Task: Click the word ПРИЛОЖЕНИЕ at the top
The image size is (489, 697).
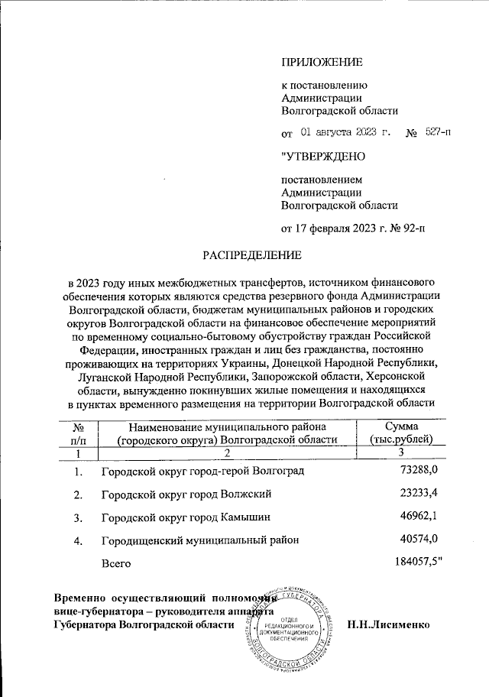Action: coord(322,61)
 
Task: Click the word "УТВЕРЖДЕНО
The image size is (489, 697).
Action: coord(323,157)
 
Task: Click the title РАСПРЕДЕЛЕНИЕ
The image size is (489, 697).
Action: coord(251,253)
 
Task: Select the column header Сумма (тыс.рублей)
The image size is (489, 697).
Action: coord(401,433)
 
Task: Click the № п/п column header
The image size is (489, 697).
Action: coord(77,433)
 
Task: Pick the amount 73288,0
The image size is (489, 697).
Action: coord(418,468)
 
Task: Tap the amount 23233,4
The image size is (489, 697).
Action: coord(418,493)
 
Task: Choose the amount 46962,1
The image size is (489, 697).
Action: coord(418,517)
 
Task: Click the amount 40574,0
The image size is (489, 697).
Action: coord(418,540)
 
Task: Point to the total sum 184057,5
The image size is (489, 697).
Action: coord(413,562)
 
